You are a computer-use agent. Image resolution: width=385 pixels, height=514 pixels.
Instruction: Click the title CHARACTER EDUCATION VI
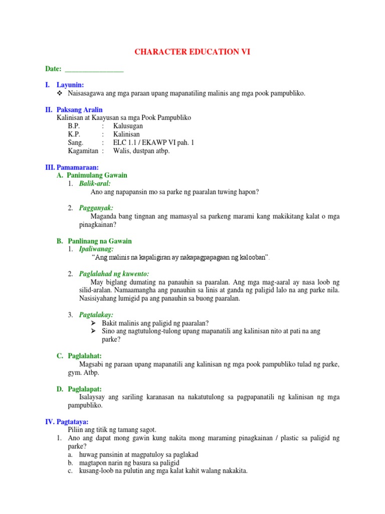click(192, 52)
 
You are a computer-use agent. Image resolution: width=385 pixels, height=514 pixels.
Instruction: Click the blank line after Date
click(94, 69)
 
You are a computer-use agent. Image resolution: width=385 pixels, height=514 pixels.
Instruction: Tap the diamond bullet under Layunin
click(60, 93)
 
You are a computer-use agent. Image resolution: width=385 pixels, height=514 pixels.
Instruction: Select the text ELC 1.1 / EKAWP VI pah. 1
click(153, 143)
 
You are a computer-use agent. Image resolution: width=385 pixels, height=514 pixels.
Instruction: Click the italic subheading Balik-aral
click(95, 184)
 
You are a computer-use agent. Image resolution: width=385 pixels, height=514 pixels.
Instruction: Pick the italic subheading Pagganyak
click(96, 208)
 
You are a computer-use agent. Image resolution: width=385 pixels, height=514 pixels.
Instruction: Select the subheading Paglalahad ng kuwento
click(114, 274)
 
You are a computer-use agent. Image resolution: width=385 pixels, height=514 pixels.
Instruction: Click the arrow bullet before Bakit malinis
click(94, 323)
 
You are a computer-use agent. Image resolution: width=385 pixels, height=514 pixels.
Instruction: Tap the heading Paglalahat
click(84, 356)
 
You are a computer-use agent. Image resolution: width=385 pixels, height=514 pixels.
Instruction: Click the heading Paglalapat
click(84, 389)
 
